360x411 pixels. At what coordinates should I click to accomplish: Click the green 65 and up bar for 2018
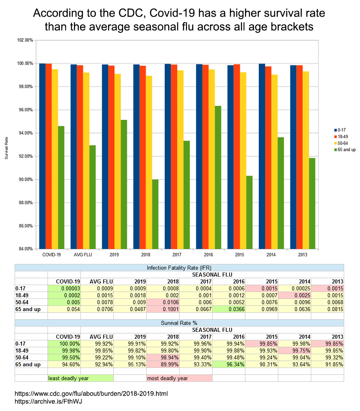(x=155, y=214)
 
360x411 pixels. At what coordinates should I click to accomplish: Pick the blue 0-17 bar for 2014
(x=262, y=156)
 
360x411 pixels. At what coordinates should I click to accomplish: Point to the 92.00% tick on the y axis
(x=25, y=156)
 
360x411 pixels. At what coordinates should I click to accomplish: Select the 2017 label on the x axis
(x=177, y=255)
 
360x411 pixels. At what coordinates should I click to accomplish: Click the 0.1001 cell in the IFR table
(x=163, y=309)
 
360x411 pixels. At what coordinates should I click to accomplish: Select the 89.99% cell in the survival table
(x=163, y=364)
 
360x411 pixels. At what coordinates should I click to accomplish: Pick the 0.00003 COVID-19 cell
(x=64, y=288)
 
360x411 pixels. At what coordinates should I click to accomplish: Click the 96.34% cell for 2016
(x=229, y=364)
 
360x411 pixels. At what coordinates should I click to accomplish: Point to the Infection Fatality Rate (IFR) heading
(x=179, y=268)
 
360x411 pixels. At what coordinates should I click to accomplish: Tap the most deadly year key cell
(x=179, y=378)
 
